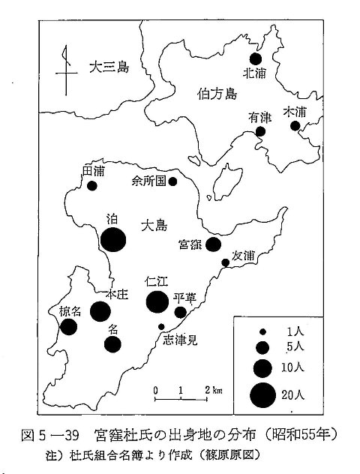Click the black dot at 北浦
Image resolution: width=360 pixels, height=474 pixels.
pyautogui.click(x=256, y=59)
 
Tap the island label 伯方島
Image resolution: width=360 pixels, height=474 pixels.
pyautogui.click(x=217, y=94)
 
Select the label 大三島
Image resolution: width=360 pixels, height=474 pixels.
pyautogui.click(x=109, y=67)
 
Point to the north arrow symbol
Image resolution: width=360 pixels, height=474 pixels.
pyautogui.click(x=66, y=70)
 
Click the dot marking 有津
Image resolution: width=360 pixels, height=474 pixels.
pyautogui.click(x=260, y=131)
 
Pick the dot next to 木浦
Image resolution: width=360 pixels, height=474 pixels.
pyautogui.click(x=295, y=126)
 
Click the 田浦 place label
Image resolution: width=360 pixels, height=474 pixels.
pyautogui.click(x=94, y=172)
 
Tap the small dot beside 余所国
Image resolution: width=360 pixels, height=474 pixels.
pyautogui.click(x=172, y=181)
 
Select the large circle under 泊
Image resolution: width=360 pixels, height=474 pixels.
pyautogui.click(x=113, y=240)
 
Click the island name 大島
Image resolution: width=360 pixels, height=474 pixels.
pyautogui.click(x=154, y=226)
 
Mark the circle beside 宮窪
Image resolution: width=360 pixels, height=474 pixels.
pyautogui.click(x=214, y=244)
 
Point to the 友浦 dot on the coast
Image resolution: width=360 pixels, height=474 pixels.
pyautogui.click(x=226, y=262)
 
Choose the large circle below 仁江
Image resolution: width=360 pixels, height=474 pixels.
pyautogui.click(x=157, y=301)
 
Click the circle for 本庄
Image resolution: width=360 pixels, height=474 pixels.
pyautogui.click(x=100, y=311)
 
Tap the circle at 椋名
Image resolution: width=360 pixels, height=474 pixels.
pyautogui.click(x=68, y=327)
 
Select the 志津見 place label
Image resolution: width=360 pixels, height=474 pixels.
pyautogui.click(x=181, y=340)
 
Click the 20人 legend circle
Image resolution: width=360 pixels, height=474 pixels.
pyautogui.click(x=263, y=395)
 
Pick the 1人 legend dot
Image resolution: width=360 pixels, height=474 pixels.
pyautogui.click(x=263, y=332)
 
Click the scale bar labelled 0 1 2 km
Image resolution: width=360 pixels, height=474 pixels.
pyautogui.click(x=181, y=399)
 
